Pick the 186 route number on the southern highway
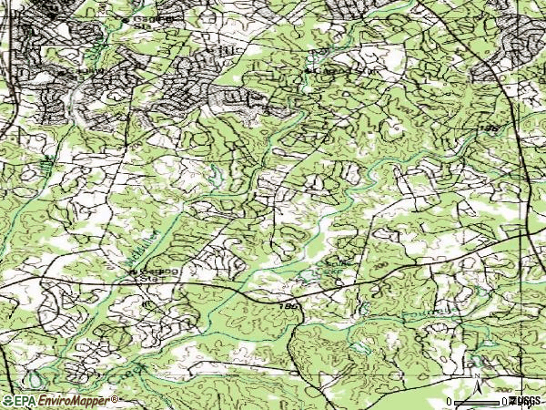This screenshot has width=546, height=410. point(288,308)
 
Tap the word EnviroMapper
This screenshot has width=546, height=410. point(76,401)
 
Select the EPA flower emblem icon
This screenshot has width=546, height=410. point(7,401)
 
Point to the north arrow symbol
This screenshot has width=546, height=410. point(476,375)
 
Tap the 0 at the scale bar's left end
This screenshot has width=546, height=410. point(450,402)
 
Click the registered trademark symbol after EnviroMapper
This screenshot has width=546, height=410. point(115,398)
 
